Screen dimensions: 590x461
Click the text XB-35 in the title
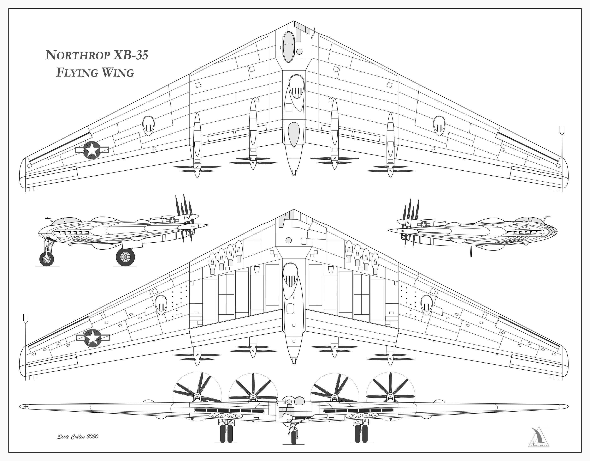point(131,55)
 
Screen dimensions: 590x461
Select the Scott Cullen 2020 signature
point(78,436)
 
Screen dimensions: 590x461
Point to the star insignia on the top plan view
point(92,150)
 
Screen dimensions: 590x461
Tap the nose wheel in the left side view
point(47,259)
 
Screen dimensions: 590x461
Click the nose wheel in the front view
point(294,437)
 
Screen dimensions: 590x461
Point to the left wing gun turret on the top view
point(148,126)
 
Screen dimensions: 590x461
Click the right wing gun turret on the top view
point(439,126)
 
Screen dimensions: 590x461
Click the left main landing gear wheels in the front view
point(226,433)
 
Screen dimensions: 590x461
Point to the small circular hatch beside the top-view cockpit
point(299,51)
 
